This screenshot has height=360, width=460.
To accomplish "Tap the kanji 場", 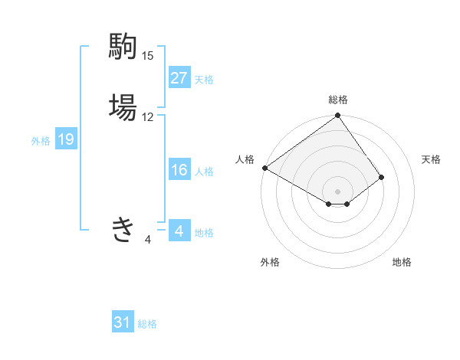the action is (x=123, y=106).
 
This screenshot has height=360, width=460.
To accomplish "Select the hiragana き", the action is (x=123, y=228).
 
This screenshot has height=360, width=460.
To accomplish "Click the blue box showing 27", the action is (x=179, y=78).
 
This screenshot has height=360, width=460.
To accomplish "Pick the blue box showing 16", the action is (x=179, y=170).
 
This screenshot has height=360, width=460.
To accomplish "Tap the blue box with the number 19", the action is (x=65, y=139).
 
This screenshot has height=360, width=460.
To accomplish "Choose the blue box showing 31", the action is (x=123, y=322).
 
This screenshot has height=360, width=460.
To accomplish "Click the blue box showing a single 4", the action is (x=179, y=231).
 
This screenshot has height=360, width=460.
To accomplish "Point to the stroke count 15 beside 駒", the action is (x=147, y=56).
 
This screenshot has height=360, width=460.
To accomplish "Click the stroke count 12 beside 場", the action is (x=147, y=117).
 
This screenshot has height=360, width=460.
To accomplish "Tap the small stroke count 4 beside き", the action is (x=147, y=240).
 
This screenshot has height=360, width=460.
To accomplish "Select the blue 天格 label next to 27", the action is (x=204, y=79).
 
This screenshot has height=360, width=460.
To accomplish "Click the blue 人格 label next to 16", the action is (x=204, y=171).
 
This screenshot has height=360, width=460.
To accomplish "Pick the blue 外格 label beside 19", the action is (x=41, y=140).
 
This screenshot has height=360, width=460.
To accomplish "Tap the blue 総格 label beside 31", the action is (x=147, y=324).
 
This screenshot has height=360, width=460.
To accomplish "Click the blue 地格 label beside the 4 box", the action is (x=204, y=232).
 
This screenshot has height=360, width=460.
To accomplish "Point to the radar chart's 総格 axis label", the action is (x=338, y=100).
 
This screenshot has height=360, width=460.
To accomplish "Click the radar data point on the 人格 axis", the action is (x=264, y=168).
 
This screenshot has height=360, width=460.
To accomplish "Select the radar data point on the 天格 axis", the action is (x=381, y=177).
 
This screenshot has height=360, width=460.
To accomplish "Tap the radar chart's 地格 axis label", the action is (x=402, y=263).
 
